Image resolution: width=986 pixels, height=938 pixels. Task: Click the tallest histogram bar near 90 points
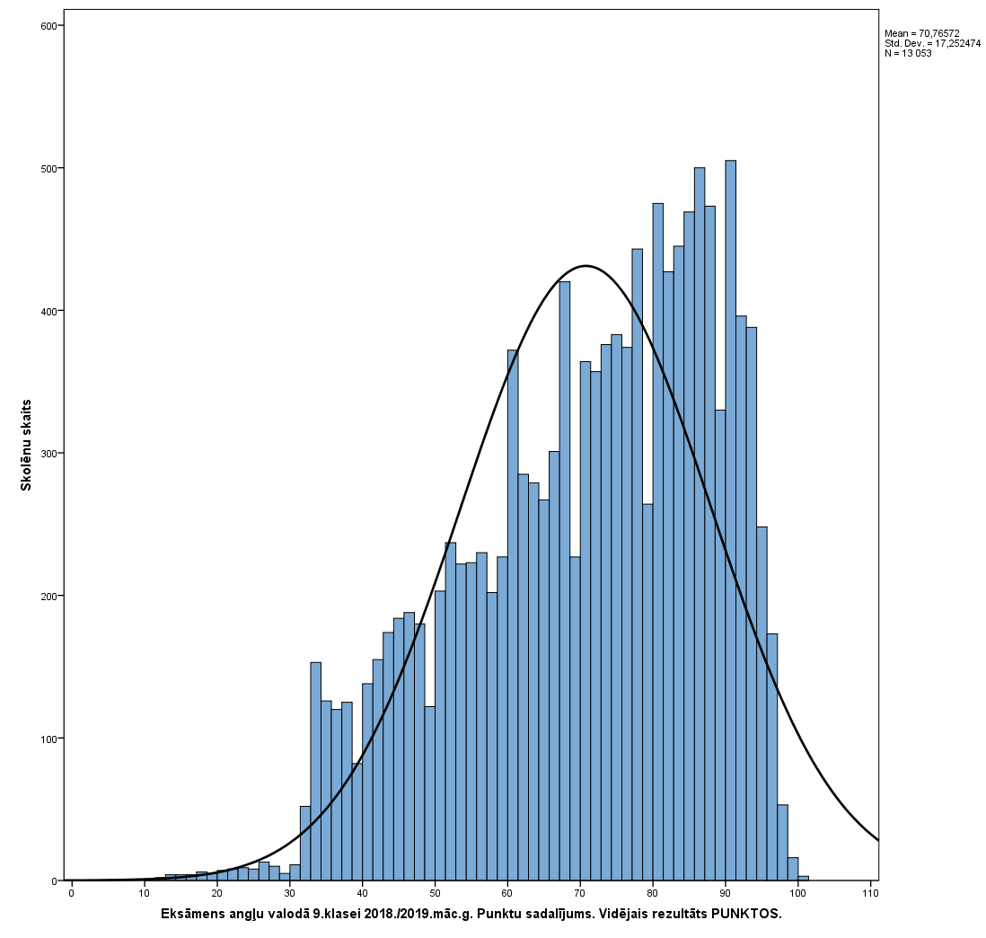(730, 521)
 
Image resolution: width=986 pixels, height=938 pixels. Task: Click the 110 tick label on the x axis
(869, 894)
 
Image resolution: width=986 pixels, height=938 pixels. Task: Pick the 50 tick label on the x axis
(435, 894)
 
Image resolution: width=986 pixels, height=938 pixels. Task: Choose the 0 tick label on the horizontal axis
(71, 894)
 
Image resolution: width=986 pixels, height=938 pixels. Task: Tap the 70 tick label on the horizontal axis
(580, 894)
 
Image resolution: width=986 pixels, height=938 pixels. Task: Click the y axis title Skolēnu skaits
(27, 444)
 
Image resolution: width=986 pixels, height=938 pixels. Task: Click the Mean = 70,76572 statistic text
(921, 33)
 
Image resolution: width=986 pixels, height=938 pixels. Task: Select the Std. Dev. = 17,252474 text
(932, 43)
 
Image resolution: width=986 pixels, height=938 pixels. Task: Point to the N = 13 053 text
(908, 53)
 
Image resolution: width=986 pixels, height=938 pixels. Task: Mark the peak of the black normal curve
(585, 266)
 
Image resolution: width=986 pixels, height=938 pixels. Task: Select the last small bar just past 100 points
(803, 878)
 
